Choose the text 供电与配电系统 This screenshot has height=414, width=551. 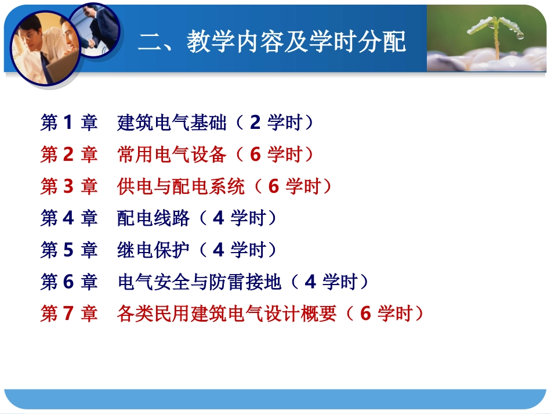point(180,186)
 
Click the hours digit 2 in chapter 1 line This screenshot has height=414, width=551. point(255,123)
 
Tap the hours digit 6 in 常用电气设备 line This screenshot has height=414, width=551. point(255,154)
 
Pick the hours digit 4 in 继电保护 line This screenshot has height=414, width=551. point(218,250)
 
